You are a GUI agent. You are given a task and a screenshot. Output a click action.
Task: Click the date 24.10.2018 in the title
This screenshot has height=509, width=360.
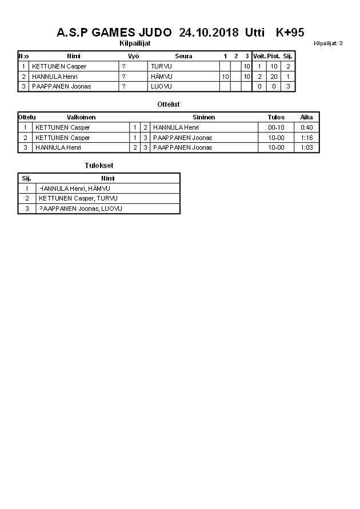[x=209, y=33]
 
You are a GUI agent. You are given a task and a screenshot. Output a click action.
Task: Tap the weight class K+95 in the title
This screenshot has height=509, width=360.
[x=290, y=33]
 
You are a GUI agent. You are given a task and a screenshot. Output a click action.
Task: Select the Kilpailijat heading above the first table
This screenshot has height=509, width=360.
[x=135, y=43]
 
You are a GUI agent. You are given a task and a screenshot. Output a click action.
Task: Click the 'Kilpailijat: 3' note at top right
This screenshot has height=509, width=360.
[x=328, y=43]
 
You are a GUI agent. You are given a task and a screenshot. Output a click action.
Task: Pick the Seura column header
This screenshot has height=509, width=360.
[x=183, y=57]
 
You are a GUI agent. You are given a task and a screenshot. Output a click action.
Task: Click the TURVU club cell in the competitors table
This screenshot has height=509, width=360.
[x=161, y=66]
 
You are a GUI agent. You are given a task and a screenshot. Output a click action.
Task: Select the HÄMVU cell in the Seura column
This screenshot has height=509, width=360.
[x=162, y=77]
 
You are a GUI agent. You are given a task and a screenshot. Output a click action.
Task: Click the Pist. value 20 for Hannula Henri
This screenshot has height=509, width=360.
[x=274, y=77]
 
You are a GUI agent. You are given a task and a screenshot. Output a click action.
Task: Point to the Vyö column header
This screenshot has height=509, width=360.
[x=133, y=57]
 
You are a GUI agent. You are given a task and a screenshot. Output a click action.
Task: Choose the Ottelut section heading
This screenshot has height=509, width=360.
[x=169, y=105]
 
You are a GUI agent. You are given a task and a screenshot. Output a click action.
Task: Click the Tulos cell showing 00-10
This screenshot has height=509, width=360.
[x=276, y=127]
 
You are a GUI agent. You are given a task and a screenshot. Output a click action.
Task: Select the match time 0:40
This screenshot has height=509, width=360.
[x=307, y=127]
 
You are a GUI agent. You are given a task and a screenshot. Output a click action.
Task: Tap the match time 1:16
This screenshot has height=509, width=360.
[x=307, y=138]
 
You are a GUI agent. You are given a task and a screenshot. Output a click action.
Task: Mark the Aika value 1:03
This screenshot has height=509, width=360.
[x=307, y=147]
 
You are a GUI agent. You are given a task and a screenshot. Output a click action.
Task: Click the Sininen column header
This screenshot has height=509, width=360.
[x=203, y=117]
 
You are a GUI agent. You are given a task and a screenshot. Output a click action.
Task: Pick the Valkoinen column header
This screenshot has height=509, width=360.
[x=81, y=117]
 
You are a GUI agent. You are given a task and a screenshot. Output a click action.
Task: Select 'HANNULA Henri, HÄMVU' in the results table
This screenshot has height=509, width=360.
[x=74, y=189]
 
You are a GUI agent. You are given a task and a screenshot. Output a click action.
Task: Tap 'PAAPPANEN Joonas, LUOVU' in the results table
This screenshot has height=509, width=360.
[x=80, y=209]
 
